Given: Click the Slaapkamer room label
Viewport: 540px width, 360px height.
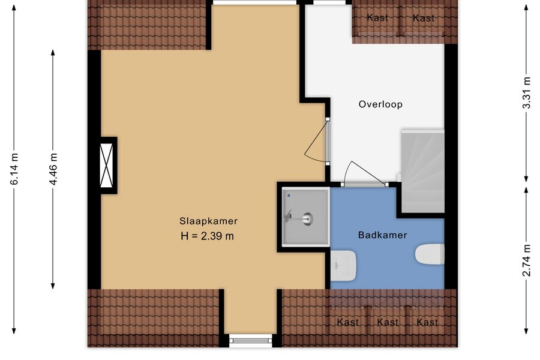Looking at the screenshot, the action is click(208, 221).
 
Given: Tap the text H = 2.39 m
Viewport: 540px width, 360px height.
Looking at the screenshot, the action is click(208, 236).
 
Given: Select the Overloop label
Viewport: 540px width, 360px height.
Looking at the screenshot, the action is click(380, 104).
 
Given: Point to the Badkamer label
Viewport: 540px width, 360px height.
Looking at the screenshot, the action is click(383, 235).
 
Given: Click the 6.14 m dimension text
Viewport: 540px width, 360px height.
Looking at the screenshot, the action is click(14, 169).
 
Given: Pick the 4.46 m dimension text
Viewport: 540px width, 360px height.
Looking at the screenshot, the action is click(53, 169).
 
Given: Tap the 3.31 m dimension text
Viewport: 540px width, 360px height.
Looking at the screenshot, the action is click(527, 92).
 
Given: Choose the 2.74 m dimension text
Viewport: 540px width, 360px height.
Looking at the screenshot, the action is click(527, 260).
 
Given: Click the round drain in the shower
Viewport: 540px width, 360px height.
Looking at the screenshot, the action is click(307, 218).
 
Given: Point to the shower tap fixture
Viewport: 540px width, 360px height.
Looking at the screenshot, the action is click(288, 217).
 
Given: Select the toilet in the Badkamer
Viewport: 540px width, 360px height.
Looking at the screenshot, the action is click(430, 254).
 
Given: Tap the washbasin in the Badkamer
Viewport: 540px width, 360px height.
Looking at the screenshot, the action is click(343, 266).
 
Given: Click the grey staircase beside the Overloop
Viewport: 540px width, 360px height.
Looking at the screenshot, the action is click(423, 171).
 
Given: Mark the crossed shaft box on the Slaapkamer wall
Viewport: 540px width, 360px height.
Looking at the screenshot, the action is click(106, 166).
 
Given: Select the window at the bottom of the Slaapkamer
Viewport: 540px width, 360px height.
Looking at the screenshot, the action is click(251, 340).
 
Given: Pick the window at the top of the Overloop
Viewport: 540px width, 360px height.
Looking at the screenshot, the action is click(332, 3).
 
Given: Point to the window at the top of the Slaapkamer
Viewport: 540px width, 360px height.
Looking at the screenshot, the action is click(255, 2).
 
